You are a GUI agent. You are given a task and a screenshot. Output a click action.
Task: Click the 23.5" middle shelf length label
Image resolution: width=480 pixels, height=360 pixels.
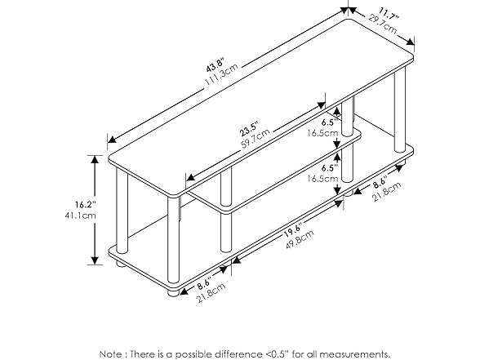(250, 127)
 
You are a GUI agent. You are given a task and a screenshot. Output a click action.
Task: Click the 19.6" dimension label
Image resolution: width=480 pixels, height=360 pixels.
(294, 229)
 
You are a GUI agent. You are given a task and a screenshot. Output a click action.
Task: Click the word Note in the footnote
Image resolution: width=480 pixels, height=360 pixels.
(112, 353)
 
